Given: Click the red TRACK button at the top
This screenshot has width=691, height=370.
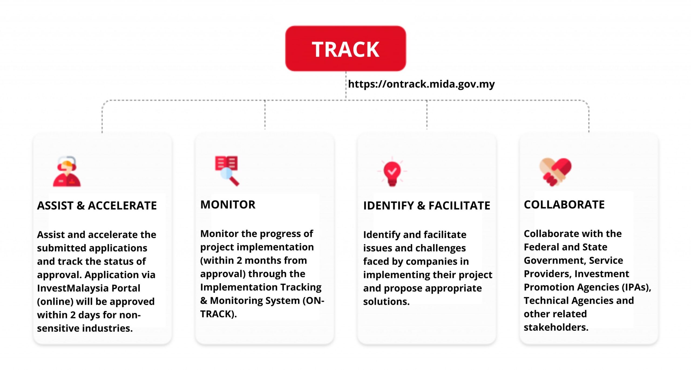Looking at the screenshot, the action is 345,49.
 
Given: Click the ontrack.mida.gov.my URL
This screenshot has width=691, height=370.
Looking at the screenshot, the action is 421,84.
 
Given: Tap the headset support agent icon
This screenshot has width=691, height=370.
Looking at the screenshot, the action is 67,171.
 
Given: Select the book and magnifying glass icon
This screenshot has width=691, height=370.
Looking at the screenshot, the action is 227,171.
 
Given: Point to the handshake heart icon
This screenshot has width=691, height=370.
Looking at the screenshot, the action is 555,172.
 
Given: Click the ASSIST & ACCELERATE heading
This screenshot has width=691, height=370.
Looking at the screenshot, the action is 97,205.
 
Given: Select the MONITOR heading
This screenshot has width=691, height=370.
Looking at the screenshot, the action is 228,205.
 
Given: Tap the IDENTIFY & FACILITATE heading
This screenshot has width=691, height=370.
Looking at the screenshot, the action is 426,205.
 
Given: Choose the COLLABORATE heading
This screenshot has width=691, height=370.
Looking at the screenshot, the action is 564,205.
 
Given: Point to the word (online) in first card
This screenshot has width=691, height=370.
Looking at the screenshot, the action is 55,302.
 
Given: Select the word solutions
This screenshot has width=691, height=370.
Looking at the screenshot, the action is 386,302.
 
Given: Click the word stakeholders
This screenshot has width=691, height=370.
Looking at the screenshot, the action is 556,327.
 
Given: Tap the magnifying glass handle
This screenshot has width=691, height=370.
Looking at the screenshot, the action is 234,181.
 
